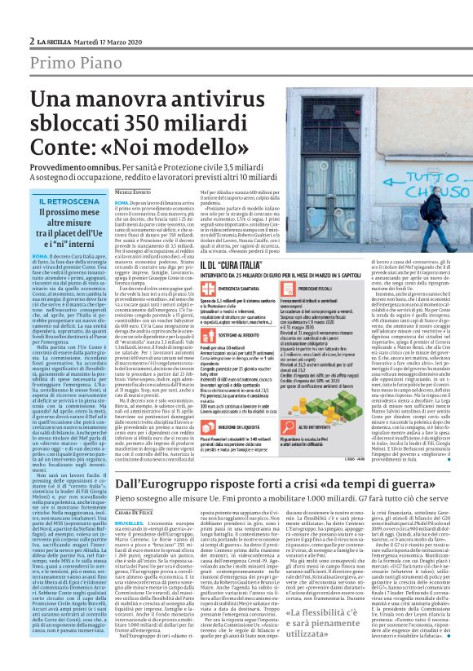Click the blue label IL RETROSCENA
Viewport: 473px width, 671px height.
point(64,201)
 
